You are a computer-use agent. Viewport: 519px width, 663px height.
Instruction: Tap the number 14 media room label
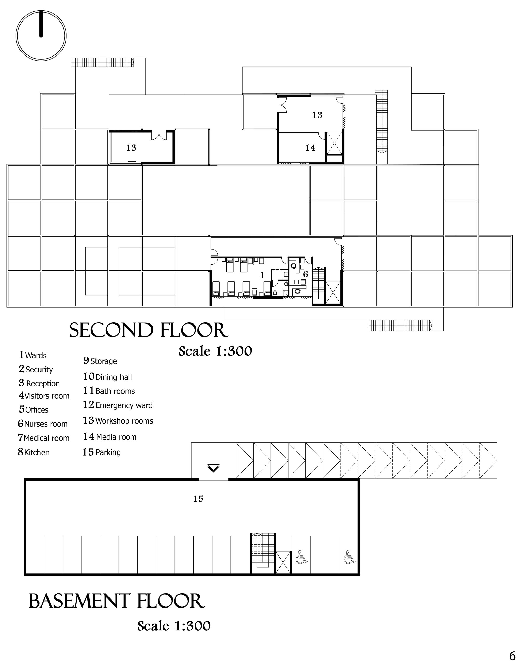[x=310, y=148]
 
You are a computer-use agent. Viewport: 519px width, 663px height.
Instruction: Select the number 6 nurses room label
[x=305, y=274]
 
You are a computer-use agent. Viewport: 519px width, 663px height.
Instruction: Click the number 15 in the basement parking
[x=198, y=498]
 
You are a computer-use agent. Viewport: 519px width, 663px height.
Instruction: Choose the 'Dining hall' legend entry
[x=108, y=377]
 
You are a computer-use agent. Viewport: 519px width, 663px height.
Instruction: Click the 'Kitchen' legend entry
[x=33, y=452]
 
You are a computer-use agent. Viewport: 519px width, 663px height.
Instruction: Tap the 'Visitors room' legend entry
[x=44, y=396]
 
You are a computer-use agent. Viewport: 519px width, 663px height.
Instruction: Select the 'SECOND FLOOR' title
[x=149, y=330]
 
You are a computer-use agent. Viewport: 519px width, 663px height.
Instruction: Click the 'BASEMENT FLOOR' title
[x=117, y=601]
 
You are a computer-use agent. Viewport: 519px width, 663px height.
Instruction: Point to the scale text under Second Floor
[x=215, y=351]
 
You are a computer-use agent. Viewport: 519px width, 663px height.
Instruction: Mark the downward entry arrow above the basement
[x=213, y=468]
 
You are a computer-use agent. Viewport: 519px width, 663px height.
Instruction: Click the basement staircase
[x=263, y=553]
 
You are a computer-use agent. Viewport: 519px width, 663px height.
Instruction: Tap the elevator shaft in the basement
[x=283, y=562]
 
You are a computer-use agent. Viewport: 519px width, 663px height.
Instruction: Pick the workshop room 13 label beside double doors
[x=131, y=148]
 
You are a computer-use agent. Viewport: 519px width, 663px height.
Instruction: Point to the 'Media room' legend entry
[x=110, y=436]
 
